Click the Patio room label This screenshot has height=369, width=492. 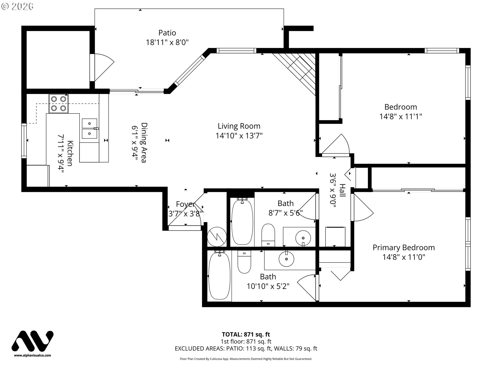167,33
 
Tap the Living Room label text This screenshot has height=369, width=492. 239,126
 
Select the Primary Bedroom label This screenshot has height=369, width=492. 404,248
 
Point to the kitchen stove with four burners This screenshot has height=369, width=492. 59,104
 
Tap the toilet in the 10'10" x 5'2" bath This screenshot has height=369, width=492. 244,262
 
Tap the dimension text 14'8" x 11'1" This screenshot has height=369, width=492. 401,117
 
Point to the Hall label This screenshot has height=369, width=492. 342,190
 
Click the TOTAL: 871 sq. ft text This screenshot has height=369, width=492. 246,334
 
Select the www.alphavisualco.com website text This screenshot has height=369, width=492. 33,355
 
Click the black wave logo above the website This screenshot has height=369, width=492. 33,341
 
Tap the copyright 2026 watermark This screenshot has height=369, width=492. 17,6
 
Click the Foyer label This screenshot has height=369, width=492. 185,204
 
